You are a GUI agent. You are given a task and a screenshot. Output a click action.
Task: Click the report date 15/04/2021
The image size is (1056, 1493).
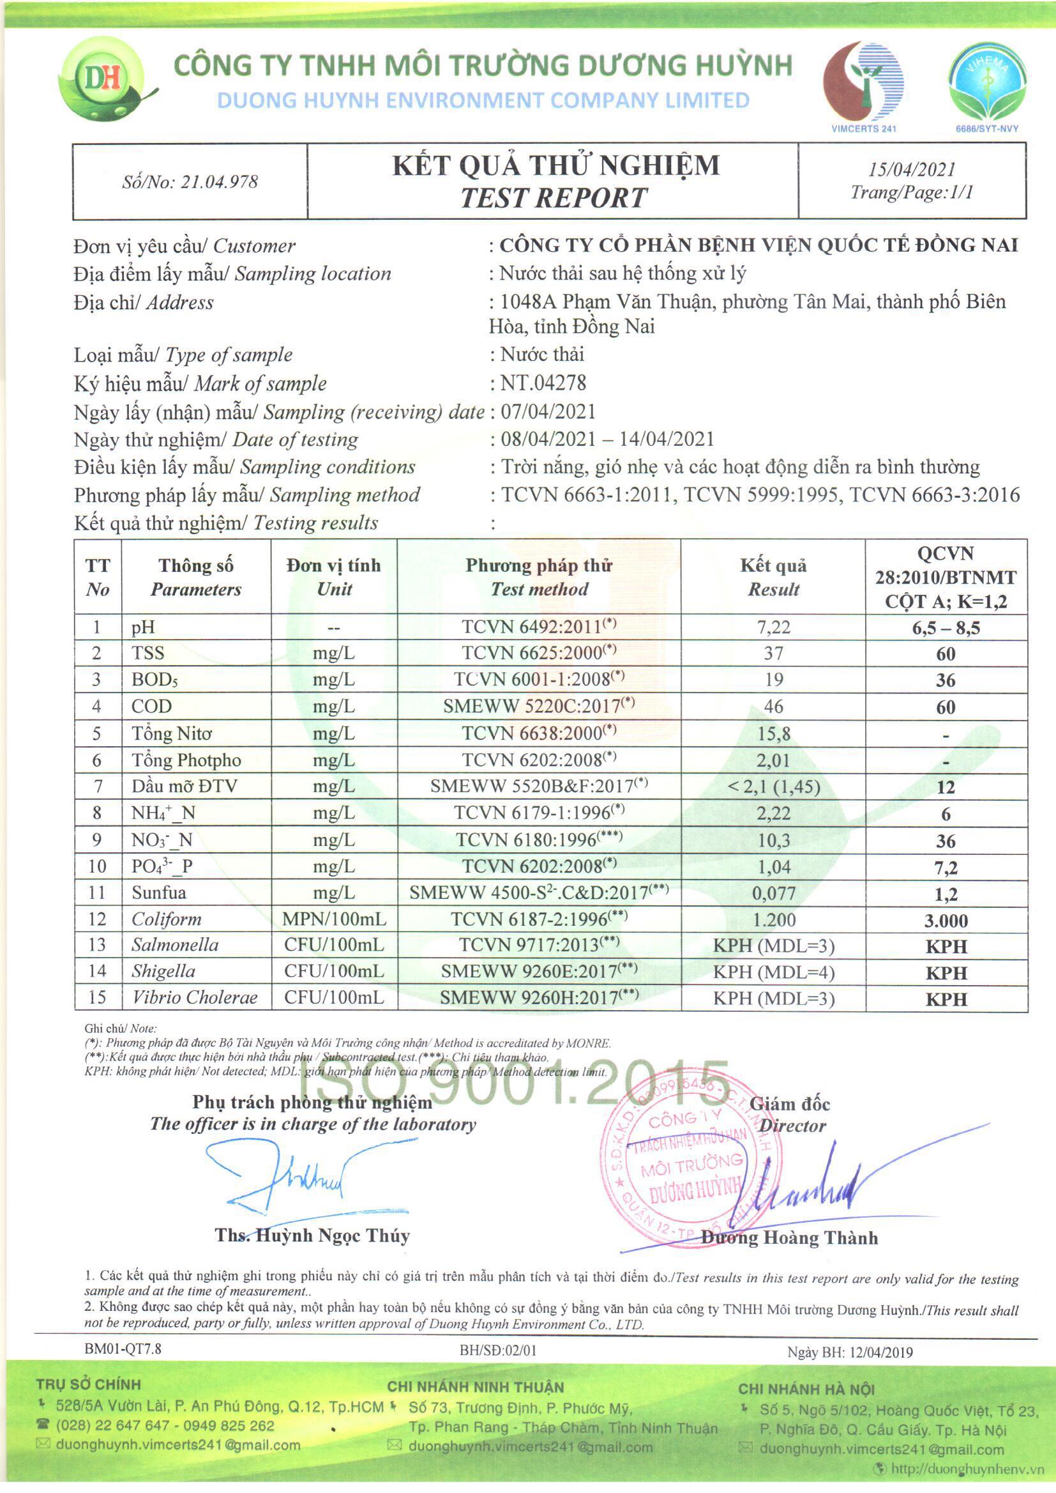click(x=912, y=170)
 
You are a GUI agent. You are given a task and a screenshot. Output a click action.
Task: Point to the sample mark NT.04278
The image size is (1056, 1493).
click(x=543, y=383)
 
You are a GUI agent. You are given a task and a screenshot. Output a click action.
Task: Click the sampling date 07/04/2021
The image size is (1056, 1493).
click(x=548, y=412)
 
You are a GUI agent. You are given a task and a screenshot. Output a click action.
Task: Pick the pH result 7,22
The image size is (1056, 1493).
click(x=773, y=627)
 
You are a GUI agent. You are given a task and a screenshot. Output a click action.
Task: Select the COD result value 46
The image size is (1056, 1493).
click(x=773, y=707)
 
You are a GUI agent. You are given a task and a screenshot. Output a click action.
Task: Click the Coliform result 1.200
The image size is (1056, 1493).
click(x=773, y=920)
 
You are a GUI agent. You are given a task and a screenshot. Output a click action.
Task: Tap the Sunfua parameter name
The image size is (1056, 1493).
click(x=159, y=892)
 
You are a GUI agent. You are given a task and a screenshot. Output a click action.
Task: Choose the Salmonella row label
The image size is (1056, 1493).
click(x=175, y=946)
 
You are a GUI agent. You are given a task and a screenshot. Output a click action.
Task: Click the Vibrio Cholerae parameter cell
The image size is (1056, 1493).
click(x=195, y=998)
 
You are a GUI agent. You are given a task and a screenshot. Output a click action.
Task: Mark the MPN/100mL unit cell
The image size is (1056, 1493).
click(x=333, y=920)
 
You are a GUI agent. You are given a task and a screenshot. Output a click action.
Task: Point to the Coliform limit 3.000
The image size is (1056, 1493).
click(x=946, y=921)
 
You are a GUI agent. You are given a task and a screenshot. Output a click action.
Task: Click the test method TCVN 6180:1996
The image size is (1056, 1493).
click(x=538, y=840)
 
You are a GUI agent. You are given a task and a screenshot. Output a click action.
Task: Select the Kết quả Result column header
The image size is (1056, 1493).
click(x=773, y=577)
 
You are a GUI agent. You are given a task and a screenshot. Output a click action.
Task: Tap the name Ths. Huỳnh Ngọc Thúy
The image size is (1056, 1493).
click(x=312, y=1236)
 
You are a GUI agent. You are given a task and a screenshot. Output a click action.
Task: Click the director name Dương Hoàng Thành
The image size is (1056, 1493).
click(x=788, y=1238)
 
